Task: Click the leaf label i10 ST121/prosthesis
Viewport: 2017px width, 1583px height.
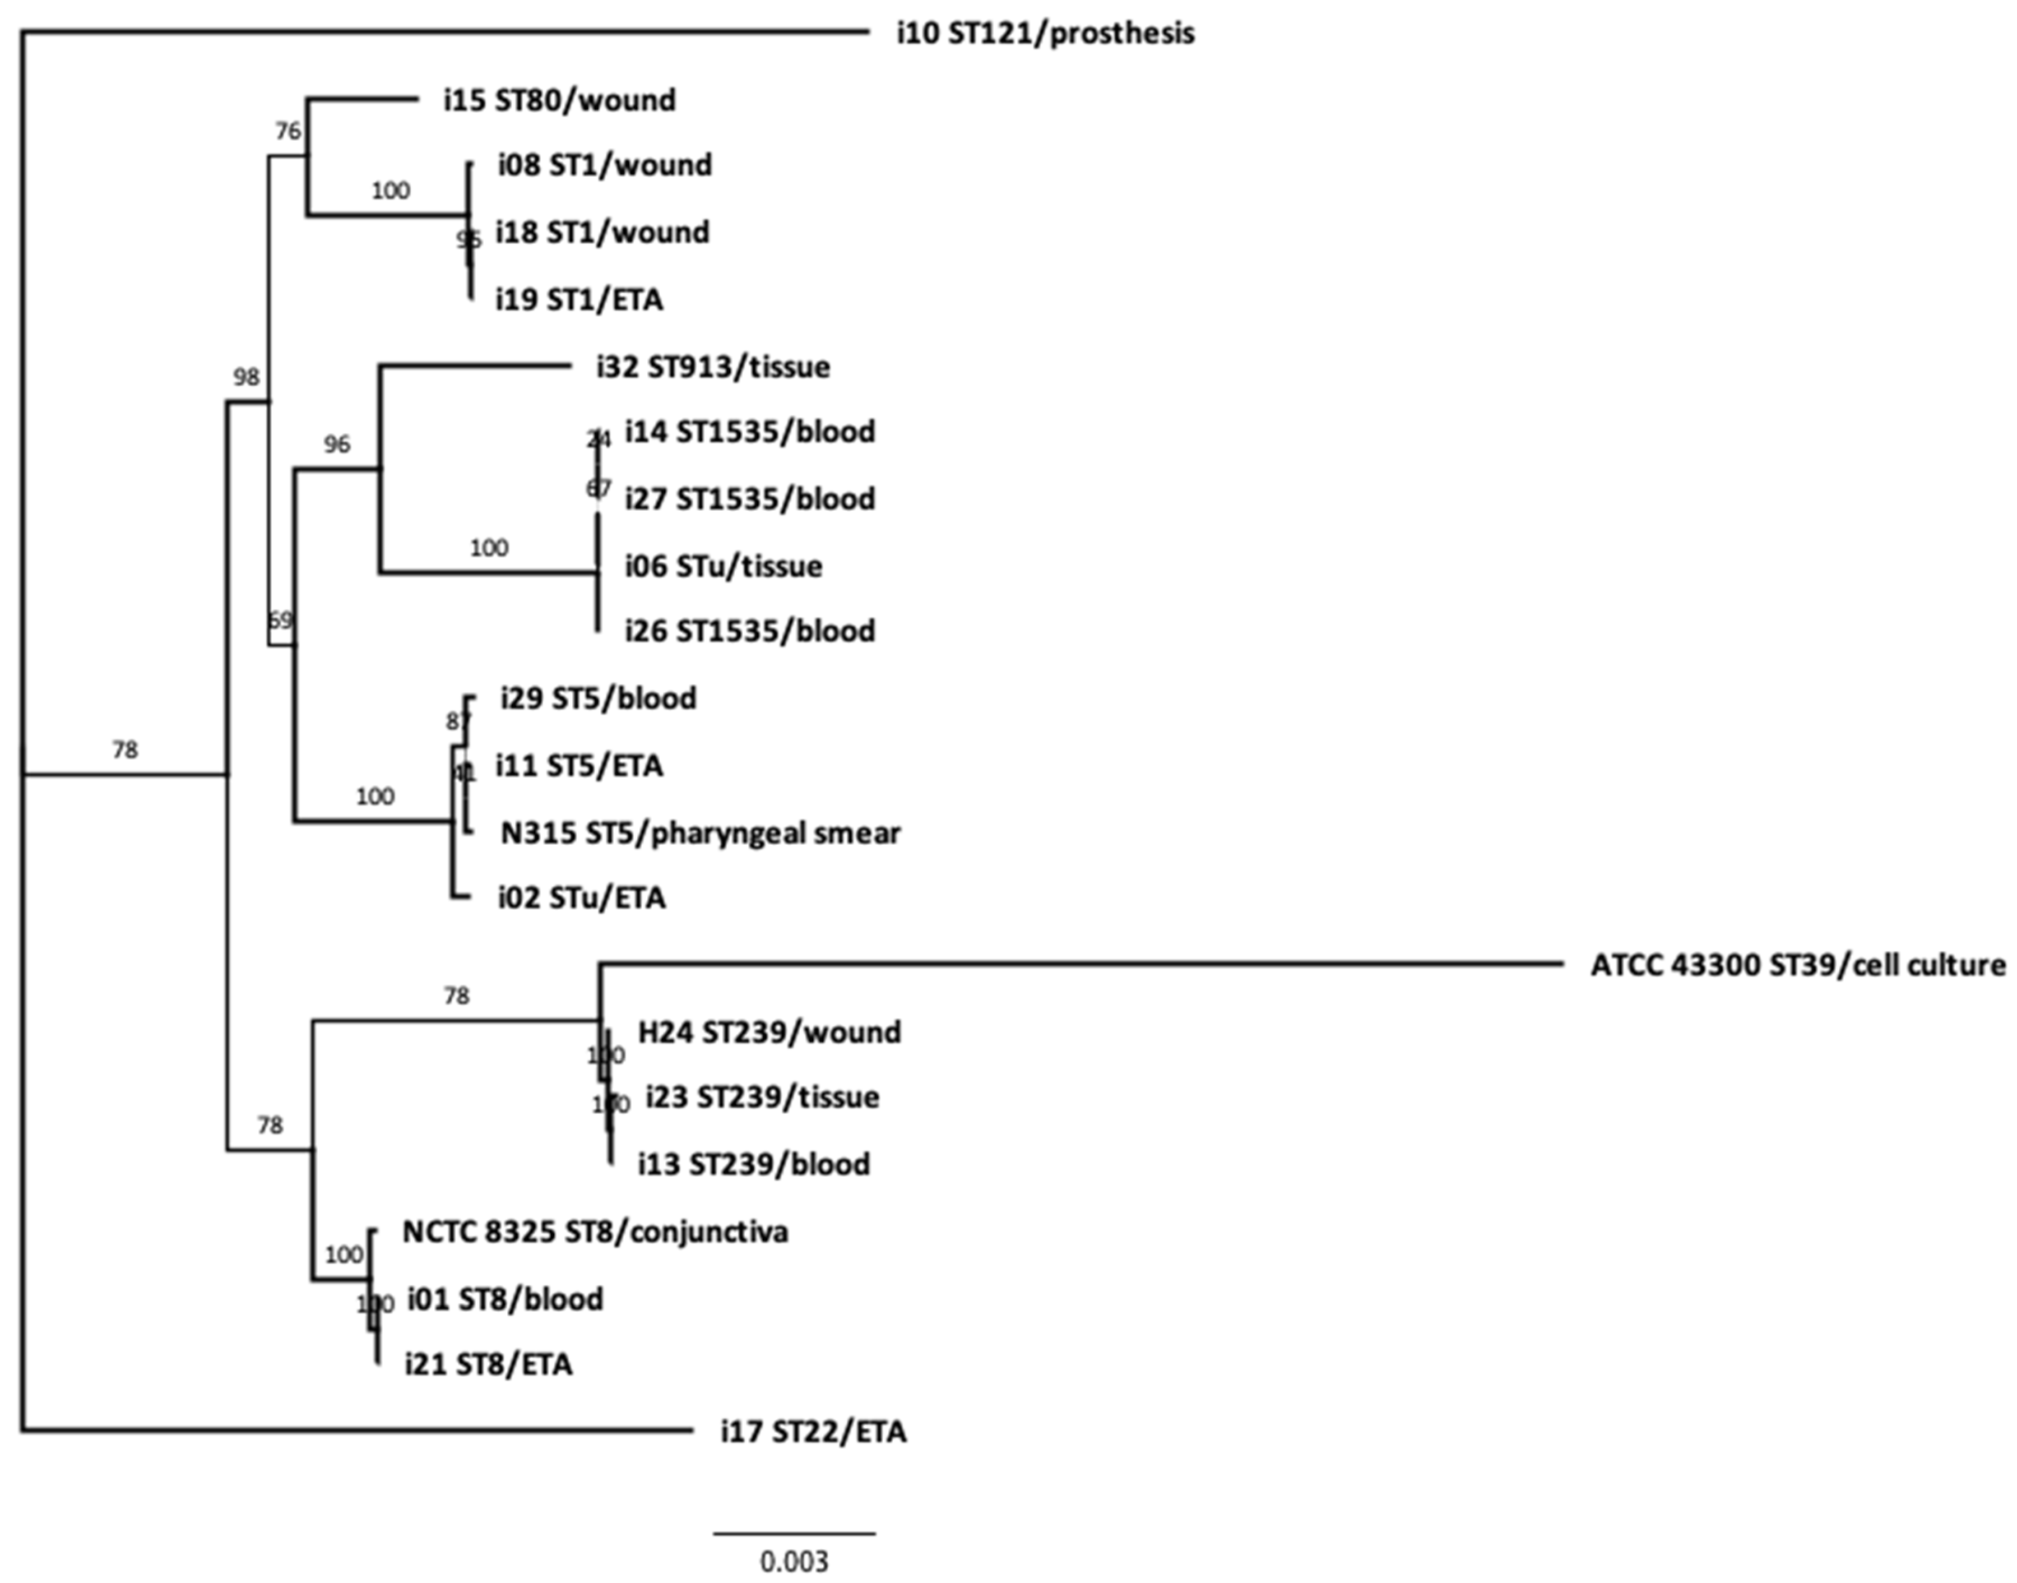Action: pyautogui.click(x=1045, y=34)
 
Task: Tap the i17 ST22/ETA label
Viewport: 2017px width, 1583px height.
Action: pyautogui.click(x=814, y=1432)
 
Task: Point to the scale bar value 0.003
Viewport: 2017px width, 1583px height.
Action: pyautogui.click(x=794, y=1562)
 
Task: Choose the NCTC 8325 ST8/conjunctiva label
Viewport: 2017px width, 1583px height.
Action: pyautogui.click(x=595, y=1232)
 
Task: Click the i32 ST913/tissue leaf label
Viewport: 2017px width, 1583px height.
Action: pyautogui.click(x=712, y=368)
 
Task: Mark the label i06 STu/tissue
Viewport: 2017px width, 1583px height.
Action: pyautogui.click(x=722, y=566)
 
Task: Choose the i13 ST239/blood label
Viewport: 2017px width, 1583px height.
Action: pyautogui.click(x=753, y=1164)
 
